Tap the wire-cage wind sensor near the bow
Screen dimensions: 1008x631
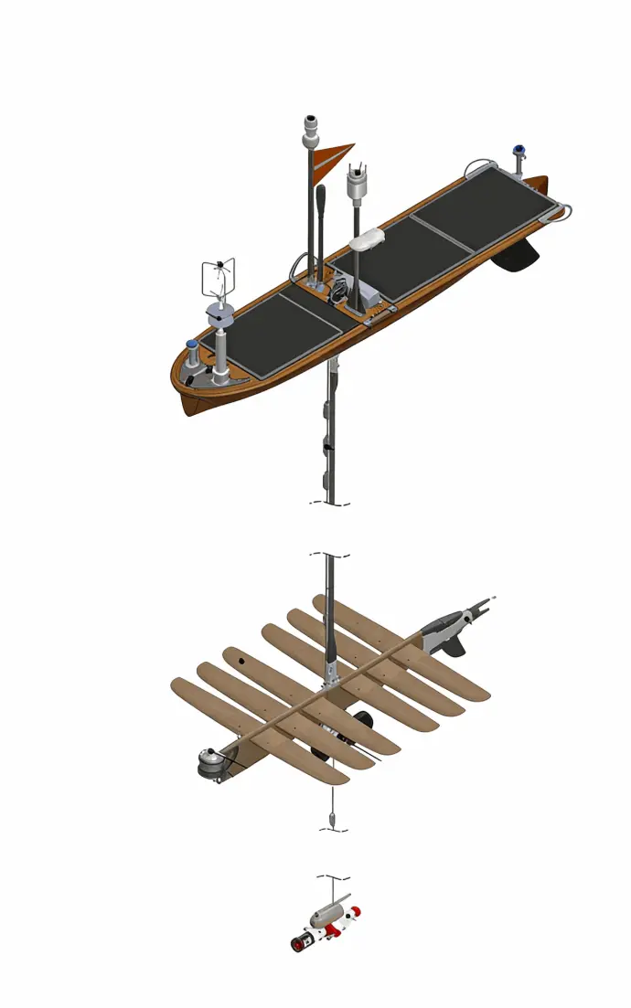[x=219, y=275]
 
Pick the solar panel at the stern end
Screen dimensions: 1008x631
[x=484, y=200]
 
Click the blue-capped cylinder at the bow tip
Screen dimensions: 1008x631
[x=192, y=350]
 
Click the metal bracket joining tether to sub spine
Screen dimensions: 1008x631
[x=331, y=681]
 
